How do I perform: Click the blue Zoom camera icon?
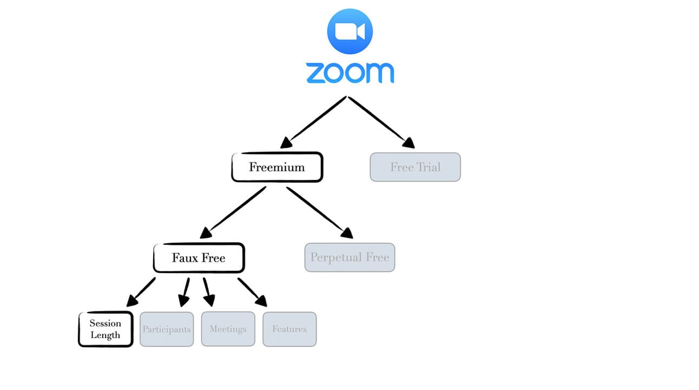(349, 31)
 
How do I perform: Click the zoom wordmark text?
(349, 73)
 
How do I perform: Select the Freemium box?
(277, 167)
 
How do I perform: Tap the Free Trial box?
(415, 167)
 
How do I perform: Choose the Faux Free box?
(199, 258)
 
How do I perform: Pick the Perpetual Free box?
(349, 257)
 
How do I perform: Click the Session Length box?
(105, 329)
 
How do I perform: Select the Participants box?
(167, 329)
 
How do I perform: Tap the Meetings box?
(228, 329)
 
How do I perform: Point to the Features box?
(289, 329)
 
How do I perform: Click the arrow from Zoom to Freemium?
(314, 122)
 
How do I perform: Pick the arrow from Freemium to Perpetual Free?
(319, 212)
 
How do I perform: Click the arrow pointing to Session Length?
(142, 291)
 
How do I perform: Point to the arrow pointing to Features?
(252, 291)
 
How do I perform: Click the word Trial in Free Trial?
(428, 167)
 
